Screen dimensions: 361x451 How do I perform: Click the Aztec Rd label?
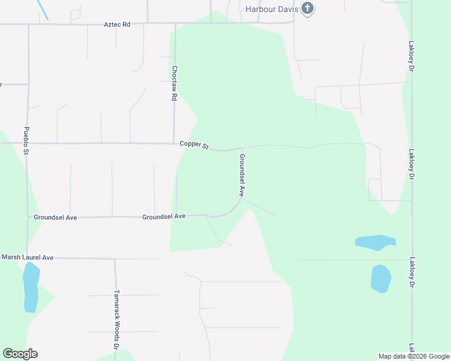pyautogui.click(x=117, y=25)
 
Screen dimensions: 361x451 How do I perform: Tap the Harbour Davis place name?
pyautogui.click(x=273, y=9)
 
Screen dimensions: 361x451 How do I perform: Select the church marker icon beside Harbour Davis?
pyautogui.click(x=308, y=9)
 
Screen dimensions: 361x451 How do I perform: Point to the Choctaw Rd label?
pyautogui.click(x=174, y=83)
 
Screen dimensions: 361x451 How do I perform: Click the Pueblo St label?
pyautogui.click(x=27, y=140)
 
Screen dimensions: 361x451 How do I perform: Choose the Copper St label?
pyautogui.click(x=194, y=145)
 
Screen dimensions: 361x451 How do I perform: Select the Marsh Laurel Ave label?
pyautogui.click(x=27, y=258)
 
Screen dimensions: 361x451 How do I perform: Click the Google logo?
pyautogui.click(x=20, y=354)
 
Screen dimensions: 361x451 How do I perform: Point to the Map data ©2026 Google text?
pyautogui.click(x=414, y=356)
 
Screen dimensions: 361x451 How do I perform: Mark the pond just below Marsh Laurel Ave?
pyautogui.click(x=31, y=287)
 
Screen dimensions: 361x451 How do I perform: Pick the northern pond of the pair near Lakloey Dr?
pyautogui.click(x=375, y=242)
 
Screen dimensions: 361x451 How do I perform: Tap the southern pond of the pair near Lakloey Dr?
pyautogui.click(x=380, y=279)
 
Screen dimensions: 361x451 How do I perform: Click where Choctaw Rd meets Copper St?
pyautogui.click(x=174, y=144)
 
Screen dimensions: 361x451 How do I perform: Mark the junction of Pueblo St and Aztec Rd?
pyautogui.click(x=28, y=25)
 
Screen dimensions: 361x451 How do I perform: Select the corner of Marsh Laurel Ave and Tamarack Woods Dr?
pyautogui.click(x=115, y=259)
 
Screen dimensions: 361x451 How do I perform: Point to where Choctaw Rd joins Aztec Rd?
pyautogui.click(x=175, y=24)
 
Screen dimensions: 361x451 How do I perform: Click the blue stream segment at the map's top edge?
pyautogui.click(x=43, y=10)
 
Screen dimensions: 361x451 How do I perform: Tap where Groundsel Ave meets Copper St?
pyautogui.click(x=242, y=147)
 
